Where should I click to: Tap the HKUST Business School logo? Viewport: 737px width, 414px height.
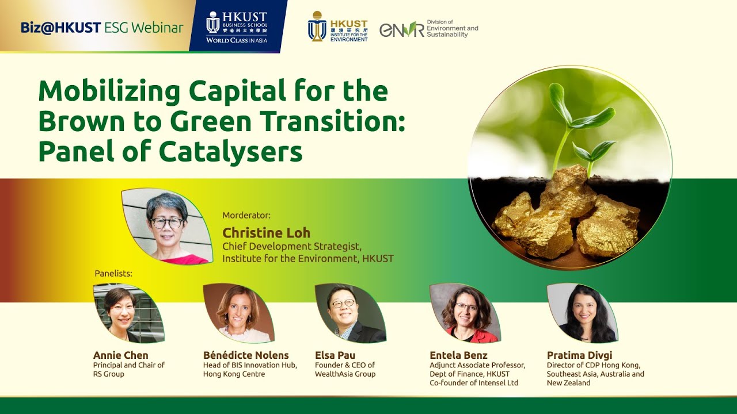click(x=237, y=27)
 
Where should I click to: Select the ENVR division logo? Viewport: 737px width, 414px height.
click(x=429, y=29)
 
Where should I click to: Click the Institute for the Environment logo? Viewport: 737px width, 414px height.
click(x=337, y=26)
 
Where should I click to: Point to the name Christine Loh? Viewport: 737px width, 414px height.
click(x=266, y=233)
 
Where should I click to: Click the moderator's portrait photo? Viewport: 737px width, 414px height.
click(x=168, y=227)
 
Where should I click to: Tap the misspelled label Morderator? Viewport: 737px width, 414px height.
click(x=246, y=215)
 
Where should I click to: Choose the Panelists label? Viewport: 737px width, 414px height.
click(x=113, y=273)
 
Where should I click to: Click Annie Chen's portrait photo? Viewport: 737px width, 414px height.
click(x=128, y=313)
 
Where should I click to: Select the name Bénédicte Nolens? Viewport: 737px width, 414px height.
click(x=246, y=355)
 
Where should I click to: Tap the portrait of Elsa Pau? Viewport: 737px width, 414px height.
click(x=351, y=313)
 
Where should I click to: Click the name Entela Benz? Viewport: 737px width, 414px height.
click(x=458, y=355)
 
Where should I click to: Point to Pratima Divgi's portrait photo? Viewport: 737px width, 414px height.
click(x=582, y=313)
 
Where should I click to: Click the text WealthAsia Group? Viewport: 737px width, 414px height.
click(x=345, y=374)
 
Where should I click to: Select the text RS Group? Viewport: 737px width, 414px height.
click(x=109, y=374)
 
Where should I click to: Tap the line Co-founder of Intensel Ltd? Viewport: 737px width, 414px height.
click(x=474, y=383)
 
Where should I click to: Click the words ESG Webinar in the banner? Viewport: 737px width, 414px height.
click(x=144, y=28)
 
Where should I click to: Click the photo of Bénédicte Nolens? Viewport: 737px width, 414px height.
click(x=238, y=313)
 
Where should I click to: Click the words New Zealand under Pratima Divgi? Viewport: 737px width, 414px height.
click(x=568, y=383)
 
